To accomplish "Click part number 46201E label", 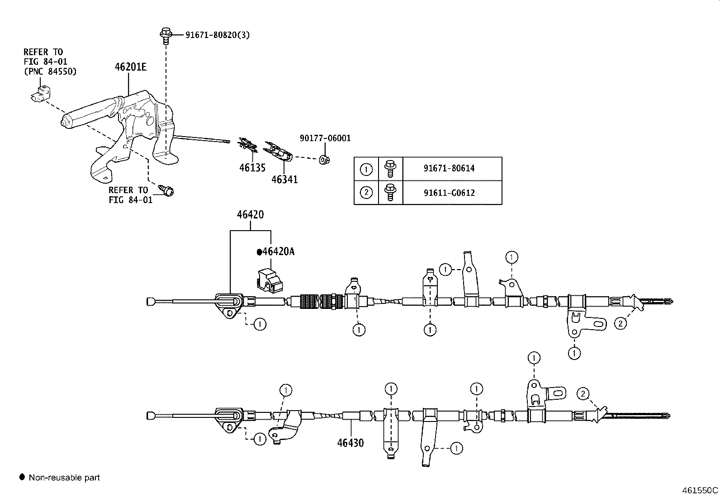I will pos(130,67).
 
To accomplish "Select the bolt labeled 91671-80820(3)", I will pos(166,34).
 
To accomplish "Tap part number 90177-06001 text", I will pos(325,138).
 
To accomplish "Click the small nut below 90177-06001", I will pos(324,159).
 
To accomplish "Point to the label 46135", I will pos(252,168).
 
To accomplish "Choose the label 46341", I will pos(284,180).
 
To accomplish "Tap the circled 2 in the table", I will pos(366,193).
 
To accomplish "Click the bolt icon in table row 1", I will pos(390,168).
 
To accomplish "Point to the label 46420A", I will pos(275,252).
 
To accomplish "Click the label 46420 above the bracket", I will pos(250,215).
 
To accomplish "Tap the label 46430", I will pos(350,443).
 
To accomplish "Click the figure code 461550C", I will pos(700,490).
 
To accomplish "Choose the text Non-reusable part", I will pos(64,478).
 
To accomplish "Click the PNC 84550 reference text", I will pos(50,71).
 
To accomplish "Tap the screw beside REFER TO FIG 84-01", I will pos(167,190).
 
